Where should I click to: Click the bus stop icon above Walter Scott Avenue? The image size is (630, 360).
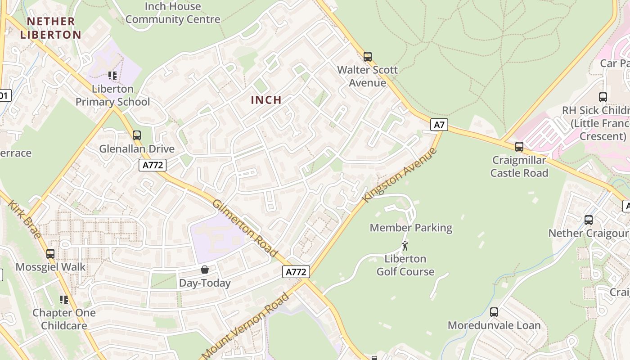click(x=368, y=57)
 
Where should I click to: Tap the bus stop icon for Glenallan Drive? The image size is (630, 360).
click(x=137, y=135)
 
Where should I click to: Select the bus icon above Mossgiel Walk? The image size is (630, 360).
click(x=50, y=254)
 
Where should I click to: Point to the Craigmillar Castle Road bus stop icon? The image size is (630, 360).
click(x=519, y=147)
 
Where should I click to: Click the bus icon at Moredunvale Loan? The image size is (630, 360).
click(x=494, y=312)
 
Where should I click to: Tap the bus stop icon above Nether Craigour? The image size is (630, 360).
click(x=589, y=220)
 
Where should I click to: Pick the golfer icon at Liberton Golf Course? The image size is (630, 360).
click(x=405, y=246)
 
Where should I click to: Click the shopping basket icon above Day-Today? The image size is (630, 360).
click(x=205, y=270)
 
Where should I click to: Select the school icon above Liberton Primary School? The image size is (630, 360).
click(x=112, y=76)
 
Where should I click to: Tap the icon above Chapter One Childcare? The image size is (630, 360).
click(x=64, y=300)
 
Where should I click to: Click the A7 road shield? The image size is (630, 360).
click(x=439, y=125)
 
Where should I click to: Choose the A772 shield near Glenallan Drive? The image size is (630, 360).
click(x=152, y=165)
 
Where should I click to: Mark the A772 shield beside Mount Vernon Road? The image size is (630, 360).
click(x=296, y=272)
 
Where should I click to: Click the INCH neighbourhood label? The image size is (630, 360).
click(x=266, y=100)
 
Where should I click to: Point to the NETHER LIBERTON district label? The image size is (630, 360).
click(x=50, y=28)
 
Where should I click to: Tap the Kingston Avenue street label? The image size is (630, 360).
click(x=400, y=175)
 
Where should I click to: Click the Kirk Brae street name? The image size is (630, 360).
click(x=25, y=219)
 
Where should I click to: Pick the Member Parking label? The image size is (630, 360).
click(x=411, y=228)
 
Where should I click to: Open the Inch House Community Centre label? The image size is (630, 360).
click(x=173, y=13)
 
